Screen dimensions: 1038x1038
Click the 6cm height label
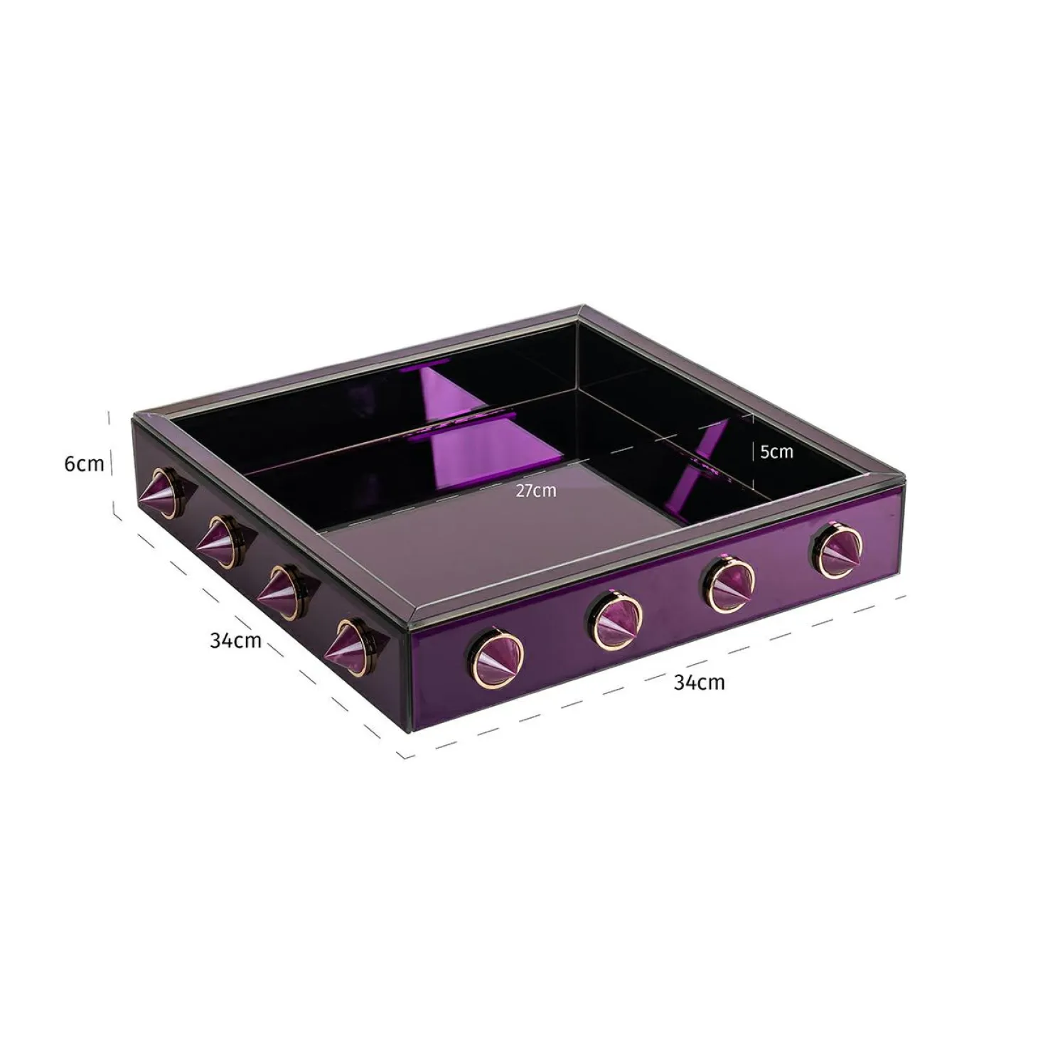coord(83,464)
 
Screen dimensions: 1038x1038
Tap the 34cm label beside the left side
coord(235,641)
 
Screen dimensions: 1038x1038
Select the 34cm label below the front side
coord(699,683)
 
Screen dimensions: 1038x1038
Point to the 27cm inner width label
coord(536,491)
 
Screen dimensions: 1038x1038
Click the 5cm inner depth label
coord(776,451)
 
